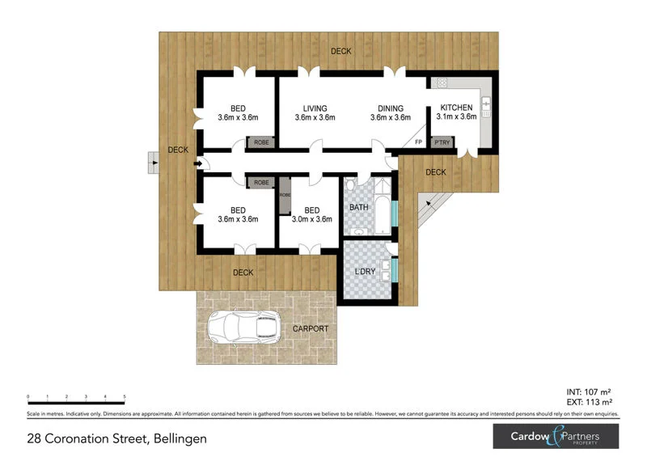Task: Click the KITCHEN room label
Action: point(456,108)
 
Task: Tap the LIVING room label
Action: point(315,108)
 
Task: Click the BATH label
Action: point(358,208)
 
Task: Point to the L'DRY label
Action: point(366,271)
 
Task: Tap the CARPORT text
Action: point(311,328)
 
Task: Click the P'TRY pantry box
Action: point(442,142)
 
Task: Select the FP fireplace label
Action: point(418,142)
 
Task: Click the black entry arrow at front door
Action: point(198,164)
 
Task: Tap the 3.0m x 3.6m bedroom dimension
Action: point(312,218)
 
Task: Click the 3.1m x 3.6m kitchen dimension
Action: point(456,117)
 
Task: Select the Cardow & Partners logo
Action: point(557,437)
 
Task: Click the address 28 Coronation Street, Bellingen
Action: point(116,438)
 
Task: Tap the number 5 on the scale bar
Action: point(125,397)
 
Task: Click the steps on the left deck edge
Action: point(152,163)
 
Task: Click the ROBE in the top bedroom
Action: point(262,142)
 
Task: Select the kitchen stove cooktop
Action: point(442,83)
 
